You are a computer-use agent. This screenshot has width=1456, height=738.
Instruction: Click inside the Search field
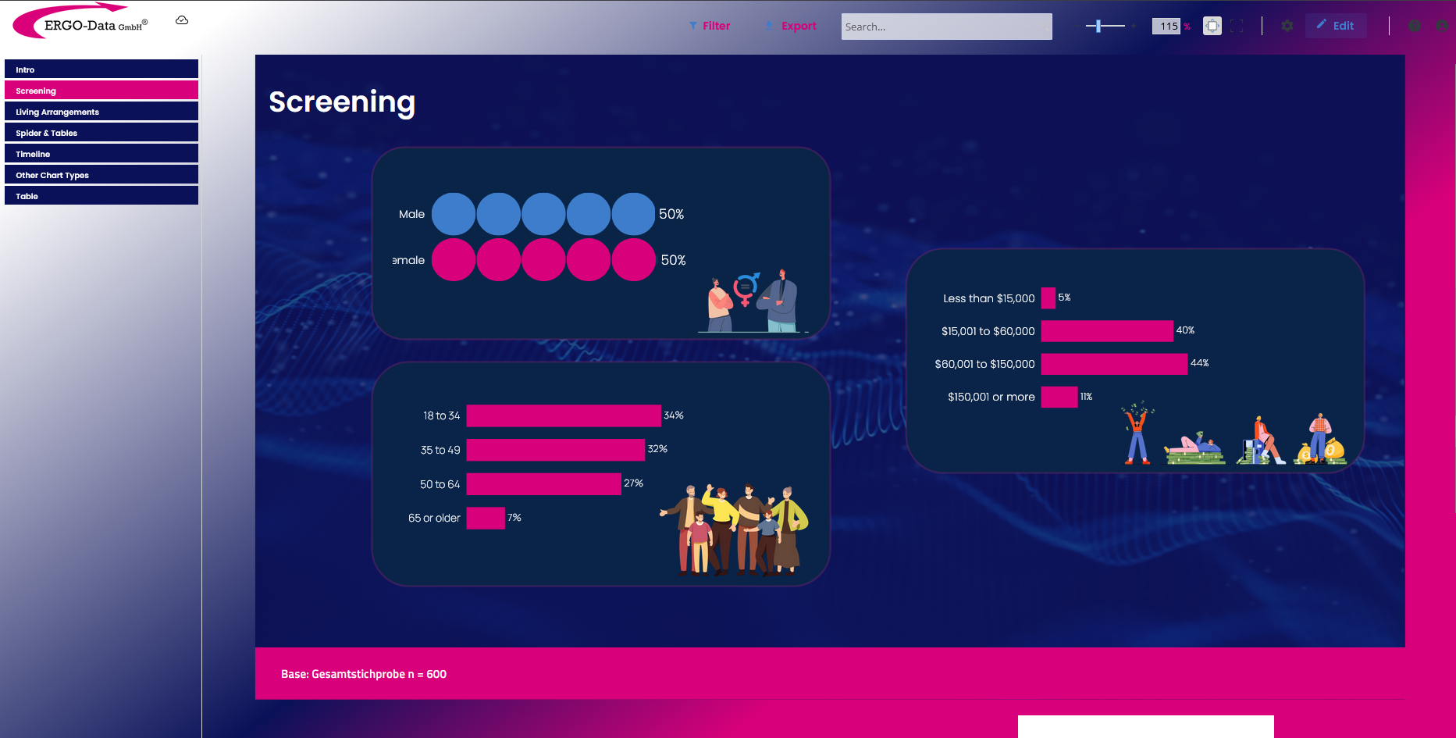[x=946, y=27]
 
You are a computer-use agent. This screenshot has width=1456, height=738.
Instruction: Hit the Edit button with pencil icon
[x=1335, y=26]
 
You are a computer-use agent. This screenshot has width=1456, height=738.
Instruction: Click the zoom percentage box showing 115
[x=1166, y=26]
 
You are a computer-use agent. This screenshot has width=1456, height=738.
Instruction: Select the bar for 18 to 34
[x=564, y=415]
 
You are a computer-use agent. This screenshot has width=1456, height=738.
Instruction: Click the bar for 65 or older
[x=486, y=518]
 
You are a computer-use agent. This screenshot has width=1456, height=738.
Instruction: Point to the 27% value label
[x=634, y=483]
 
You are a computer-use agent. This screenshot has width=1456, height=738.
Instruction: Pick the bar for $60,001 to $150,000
[x=1114, y=364]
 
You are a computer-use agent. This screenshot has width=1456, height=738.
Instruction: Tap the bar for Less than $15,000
[x=1048, y=298]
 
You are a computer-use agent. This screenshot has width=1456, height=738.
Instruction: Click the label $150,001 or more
[x=991, y=397]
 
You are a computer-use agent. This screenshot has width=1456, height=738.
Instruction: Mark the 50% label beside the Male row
[x=671, y=214]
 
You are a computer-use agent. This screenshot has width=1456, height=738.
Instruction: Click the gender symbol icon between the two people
[x=746, y=288]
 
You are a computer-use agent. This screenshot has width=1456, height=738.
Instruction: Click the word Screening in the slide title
[x=342, y=102]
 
